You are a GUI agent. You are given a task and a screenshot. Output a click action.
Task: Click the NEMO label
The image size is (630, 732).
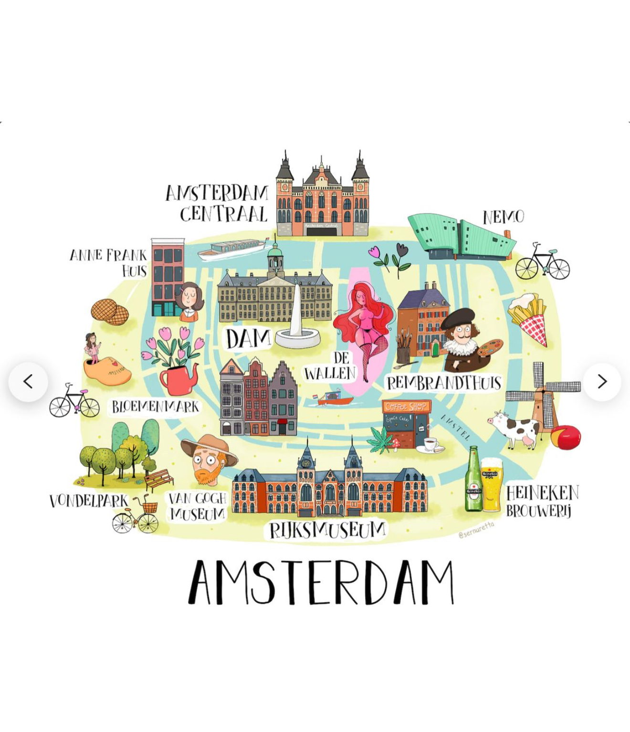[x=504, y=217]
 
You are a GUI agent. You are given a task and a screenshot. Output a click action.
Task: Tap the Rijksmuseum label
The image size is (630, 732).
[x=327, y=530]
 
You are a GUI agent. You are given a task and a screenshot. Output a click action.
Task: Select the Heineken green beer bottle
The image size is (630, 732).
[x=473, y=480]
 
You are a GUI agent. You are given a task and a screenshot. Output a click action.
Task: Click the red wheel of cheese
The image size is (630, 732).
[x=566, y=437]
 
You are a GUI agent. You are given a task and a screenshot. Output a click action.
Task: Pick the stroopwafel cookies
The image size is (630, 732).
[x=110, y=312]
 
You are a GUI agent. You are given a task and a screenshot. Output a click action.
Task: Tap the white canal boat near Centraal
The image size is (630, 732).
[x=232, y=249]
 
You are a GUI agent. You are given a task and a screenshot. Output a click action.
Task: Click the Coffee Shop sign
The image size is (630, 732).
[x=406, y=407]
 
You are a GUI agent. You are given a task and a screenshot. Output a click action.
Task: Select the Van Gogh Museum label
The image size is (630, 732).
[x=198, y=506]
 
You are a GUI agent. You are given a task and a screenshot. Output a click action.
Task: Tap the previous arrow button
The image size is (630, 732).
[x=28, y=382]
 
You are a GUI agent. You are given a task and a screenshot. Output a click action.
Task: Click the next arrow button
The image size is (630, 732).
[x=602, y=382]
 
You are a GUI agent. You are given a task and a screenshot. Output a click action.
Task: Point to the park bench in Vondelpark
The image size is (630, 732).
[x=159, y=479]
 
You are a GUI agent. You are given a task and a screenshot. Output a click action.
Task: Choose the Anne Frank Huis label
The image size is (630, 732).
[x=109, y=262]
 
